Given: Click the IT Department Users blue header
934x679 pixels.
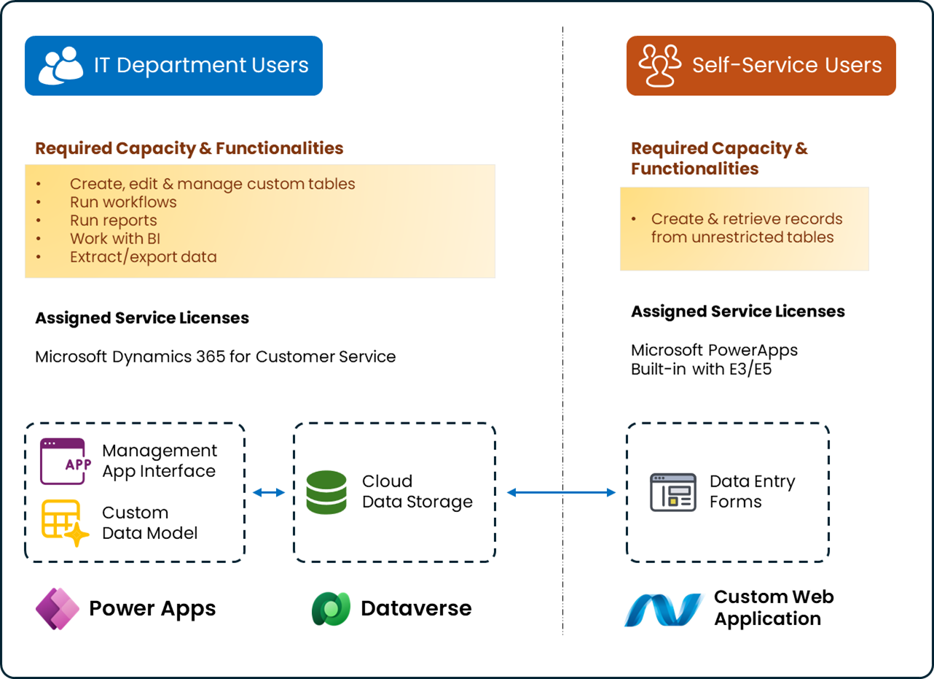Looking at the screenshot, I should click(173, 66).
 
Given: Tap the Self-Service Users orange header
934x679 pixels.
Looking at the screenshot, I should click(761, 66).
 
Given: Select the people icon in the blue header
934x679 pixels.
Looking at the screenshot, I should click(60, 66).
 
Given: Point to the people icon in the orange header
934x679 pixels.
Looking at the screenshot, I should click(659, 66).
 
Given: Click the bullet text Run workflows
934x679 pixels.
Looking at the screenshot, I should click(123, 202).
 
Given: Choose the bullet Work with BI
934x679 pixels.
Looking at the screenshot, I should click(115, 238).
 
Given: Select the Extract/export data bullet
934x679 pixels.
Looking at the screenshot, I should click(143, 257).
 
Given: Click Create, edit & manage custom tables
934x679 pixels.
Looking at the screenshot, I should click(212, 184).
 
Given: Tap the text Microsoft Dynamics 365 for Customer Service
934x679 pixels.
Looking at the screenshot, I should click(216, 357).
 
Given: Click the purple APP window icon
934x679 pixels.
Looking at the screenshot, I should click(63, 461).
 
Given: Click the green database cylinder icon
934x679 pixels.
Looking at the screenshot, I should click(326, 492).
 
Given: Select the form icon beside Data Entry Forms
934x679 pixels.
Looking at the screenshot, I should click(672, 492).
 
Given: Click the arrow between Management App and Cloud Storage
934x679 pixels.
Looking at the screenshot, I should click(269, 493).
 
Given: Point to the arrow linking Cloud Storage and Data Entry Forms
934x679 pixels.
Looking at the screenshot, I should click(561, 493).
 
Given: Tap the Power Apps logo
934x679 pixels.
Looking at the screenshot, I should click(58, 608).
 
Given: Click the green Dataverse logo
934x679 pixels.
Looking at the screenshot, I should click(331, 608).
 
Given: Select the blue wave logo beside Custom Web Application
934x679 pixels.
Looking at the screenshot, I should click(664, 609).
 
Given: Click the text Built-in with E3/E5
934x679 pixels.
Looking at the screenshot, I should click(701, 369).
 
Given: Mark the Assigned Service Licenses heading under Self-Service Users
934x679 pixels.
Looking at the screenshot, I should click(737, 311).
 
